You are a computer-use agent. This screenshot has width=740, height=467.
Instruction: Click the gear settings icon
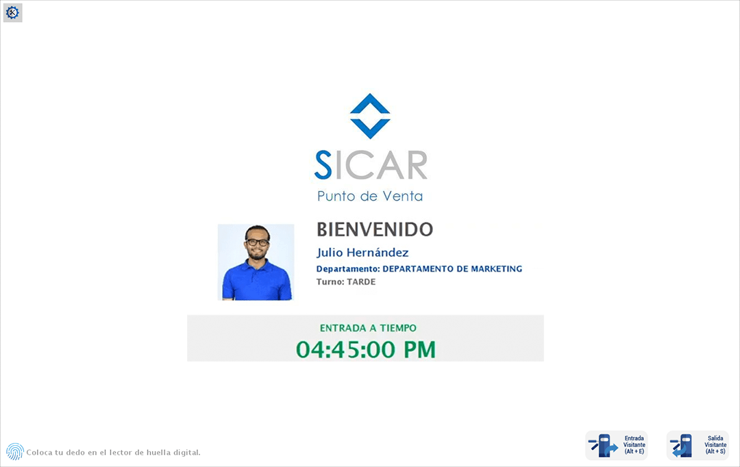click(x=12, y=12)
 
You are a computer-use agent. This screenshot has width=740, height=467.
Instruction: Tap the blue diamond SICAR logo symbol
click(x=370, y=116)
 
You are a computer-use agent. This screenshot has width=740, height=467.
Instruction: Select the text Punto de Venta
click(x=370, y=197)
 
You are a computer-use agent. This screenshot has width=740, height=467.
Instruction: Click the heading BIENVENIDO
click(x=375, y=229)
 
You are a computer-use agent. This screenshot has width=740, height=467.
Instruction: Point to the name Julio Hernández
click(x=362, y=253)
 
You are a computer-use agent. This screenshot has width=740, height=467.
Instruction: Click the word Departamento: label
click(x=347, y=269)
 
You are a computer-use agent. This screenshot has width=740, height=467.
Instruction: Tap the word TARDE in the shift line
click(x=362, y=282)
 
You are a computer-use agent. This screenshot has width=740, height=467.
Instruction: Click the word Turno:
click(x=330, y=282)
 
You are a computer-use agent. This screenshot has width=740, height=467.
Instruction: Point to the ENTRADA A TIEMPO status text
click(x=368, y=328)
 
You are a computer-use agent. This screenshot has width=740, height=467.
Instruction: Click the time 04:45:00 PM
click(x=366, y=349)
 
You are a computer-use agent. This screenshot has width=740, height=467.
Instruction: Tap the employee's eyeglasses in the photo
click(x=258, y=242)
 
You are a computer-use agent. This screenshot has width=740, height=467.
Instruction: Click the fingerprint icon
click(x=14, y=451)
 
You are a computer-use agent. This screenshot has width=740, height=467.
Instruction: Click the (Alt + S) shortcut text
click(x=715, y=452)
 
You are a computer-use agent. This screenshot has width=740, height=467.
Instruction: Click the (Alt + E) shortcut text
click(x=634, y=452)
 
